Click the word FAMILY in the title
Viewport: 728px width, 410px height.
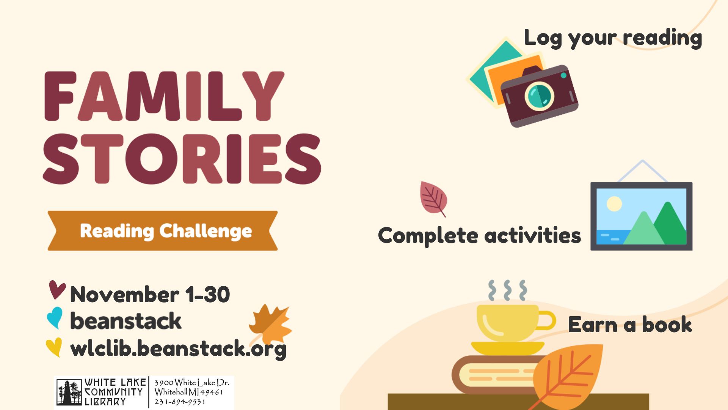point(164,96)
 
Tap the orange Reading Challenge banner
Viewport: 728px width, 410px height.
point(163,231)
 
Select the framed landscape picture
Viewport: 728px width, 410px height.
point(641,216)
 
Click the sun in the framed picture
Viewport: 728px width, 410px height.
point(614,204)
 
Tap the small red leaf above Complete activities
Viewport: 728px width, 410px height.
point(433,198)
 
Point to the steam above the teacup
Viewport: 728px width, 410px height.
point(507,290)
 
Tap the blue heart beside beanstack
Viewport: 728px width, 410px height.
point(55,317)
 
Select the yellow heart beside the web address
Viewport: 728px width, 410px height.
point(54,347)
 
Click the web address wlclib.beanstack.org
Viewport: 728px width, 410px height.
point(178,348)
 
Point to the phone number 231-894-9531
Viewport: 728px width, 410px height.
point(180,402)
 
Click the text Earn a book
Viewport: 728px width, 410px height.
point(629,325)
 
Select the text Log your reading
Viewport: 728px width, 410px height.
point(612,38)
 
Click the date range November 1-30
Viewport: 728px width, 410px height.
point(150,295)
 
